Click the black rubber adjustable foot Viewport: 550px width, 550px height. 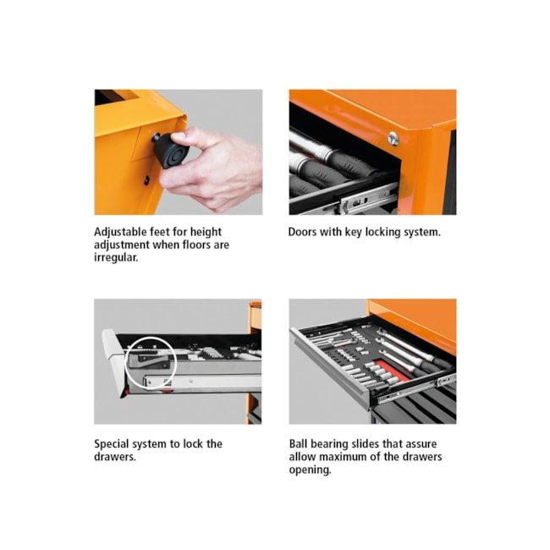(x=171, y=151)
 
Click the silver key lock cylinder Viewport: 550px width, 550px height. (x=393, y=139)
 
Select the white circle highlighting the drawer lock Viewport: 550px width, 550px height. (x=151, y=363)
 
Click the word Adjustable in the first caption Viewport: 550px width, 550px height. (x=120, y=232)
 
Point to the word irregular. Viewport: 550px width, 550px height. (x=116, y=257)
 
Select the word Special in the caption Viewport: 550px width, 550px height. (x=114, y=444)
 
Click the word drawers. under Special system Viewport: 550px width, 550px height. (x=115, y=457)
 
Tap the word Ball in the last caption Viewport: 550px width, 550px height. (x=298, y=443)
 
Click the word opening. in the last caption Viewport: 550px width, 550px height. (x=310, y=470)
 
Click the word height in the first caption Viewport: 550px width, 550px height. (x=206, y=232)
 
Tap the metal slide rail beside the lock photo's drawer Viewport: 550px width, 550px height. (x=203, y=381)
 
